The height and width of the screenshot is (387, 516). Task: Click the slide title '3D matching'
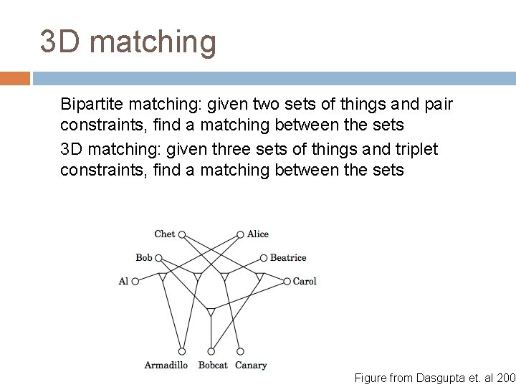[x=128, y=42]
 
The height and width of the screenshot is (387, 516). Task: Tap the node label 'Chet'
[x=164, y=234]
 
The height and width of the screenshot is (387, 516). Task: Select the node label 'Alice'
[x=258, y=234]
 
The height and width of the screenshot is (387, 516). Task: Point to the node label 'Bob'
[x=144, y=257]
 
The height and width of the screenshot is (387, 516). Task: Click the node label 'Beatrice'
[x=288, y=257]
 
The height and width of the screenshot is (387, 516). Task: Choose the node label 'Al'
[x=123, y=281]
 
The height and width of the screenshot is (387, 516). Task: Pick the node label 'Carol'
[x=305, y=281]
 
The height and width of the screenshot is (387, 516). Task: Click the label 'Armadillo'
[x=166, y=365]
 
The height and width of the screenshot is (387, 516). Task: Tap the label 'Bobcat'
[x=213, y=365]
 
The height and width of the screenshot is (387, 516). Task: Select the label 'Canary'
[x=251, y=365]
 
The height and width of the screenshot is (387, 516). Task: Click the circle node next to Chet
[x=182, y=234]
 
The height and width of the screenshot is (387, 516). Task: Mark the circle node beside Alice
[x=241, y=234]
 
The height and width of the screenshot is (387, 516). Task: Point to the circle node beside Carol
[x=287, y=281]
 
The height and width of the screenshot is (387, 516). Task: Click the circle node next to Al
[x=135, y=281]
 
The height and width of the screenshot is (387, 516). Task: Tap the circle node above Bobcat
[x=211, y=351]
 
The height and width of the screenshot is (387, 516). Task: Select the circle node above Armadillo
[x=182, y=351]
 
